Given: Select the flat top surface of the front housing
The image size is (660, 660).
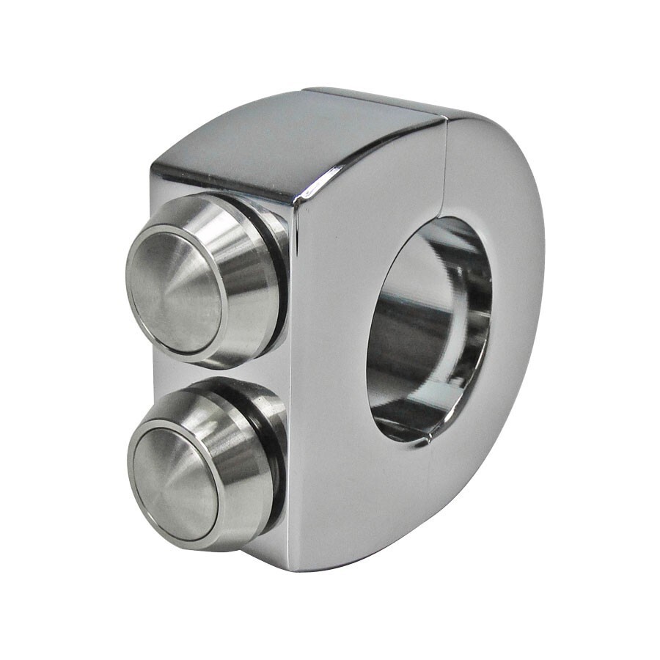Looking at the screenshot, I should coord(293,136).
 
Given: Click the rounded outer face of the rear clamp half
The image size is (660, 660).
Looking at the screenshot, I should coord(513,293).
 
